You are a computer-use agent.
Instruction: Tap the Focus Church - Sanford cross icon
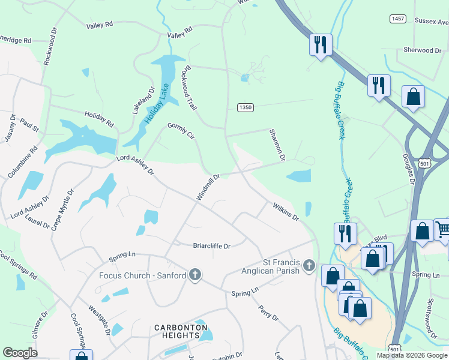click(194, 275)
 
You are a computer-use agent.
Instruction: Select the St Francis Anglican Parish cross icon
click(309, 265)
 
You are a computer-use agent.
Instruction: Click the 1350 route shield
click(244, 107)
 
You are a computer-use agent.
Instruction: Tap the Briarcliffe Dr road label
click(211, 245)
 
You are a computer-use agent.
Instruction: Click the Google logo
click(20, 353)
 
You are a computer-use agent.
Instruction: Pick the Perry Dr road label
click(268, 313)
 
